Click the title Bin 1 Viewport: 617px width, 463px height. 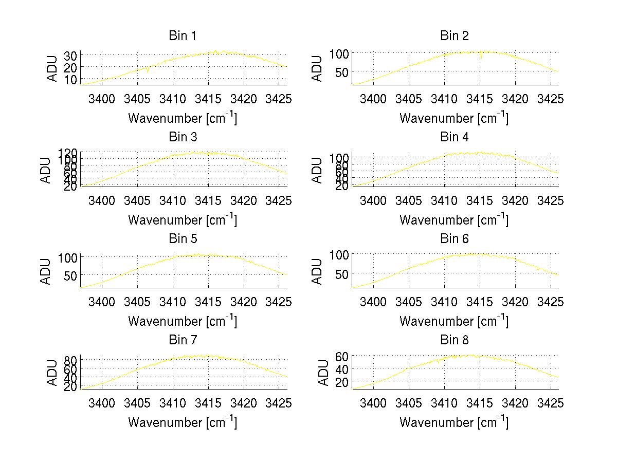click(x=183, y=36)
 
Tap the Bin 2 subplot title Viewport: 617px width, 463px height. click(x=454, y=36)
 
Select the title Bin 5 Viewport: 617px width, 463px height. click(x=183, y=239)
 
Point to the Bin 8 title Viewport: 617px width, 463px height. click(x=454, y=340)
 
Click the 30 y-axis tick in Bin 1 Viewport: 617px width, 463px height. click(x=71, y=55)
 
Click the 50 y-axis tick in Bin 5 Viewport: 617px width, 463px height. click(x=71, y=275)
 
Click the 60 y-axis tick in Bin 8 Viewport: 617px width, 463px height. click(x=342, y=356)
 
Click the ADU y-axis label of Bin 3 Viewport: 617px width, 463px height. click(x=46, y=170)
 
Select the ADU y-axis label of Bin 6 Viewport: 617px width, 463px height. click(x=318, y=271)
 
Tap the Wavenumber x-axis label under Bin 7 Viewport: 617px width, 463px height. click(x=183, y=422)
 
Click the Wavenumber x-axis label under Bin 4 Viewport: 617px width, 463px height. click(x=454, y=219)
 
